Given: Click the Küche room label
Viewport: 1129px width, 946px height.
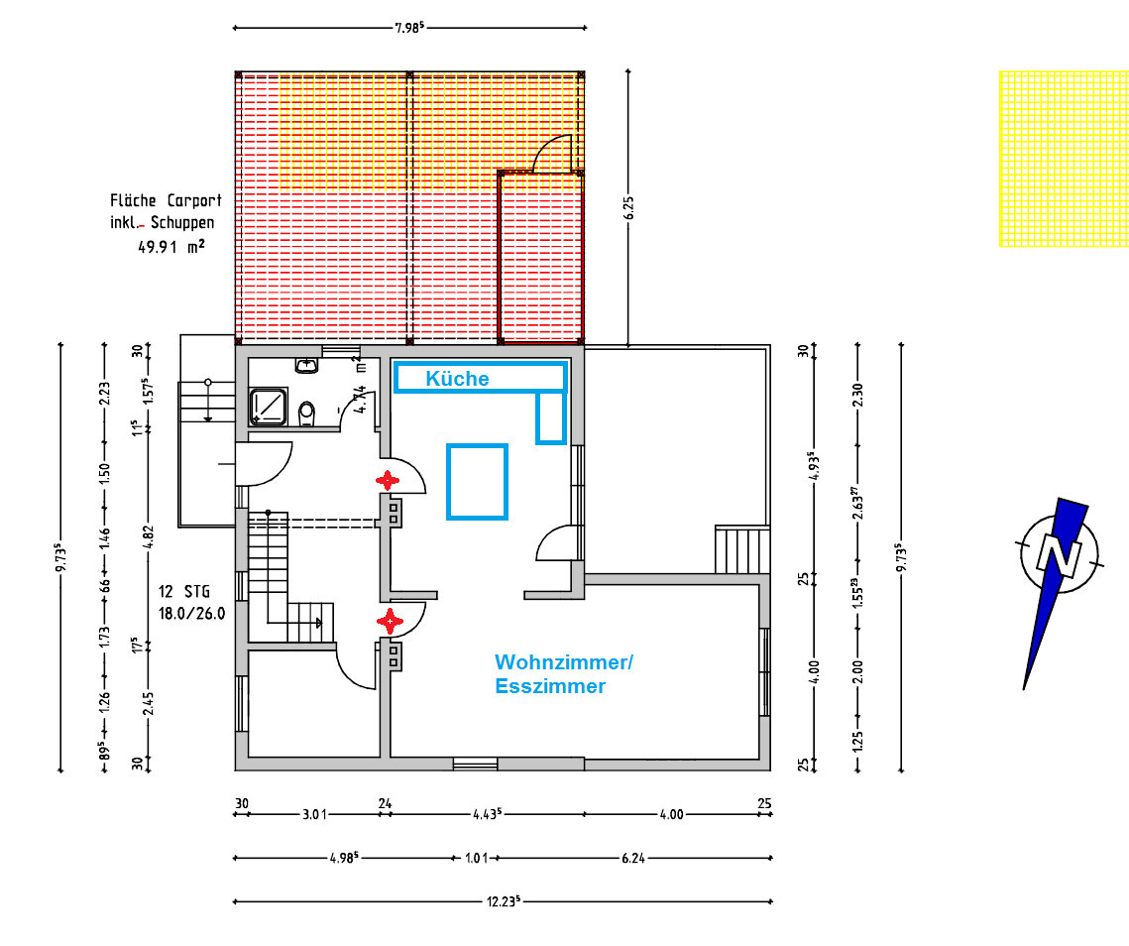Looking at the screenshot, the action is coord(457,378).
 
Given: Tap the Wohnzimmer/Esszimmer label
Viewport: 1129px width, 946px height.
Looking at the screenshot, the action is coord(564,673).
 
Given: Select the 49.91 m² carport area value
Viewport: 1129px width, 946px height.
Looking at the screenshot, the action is coord(171,246).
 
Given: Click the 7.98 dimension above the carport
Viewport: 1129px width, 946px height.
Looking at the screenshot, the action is coord(409,28).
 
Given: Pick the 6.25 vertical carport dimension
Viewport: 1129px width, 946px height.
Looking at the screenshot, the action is coord(629,207).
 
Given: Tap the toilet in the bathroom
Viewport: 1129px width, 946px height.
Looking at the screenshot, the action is coord(306,414).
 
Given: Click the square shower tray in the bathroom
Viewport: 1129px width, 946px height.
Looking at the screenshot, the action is coord(269,408).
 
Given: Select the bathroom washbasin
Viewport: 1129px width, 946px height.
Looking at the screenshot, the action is coord(307,365).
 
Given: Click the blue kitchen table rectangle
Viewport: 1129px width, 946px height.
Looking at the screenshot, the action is coord(478,481).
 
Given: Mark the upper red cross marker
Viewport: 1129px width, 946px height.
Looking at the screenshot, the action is coord(388,481).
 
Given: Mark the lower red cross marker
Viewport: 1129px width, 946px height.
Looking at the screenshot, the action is coord(390,621).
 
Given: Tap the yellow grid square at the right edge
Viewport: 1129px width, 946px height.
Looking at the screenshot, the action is coord(1064,159).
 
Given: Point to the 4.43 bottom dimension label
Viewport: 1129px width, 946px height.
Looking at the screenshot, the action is coord(488,813).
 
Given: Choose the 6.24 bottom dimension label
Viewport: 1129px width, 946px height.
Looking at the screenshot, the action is coord(633,858).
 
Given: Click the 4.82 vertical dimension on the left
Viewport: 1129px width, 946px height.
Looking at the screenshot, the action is coord(149,536).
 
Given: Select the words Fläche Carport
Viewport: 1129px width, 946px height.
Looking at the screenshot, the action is coord(166,200).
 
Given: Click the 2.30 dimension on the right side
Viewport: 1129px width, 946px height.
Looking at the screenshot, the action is coord(857,395).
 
